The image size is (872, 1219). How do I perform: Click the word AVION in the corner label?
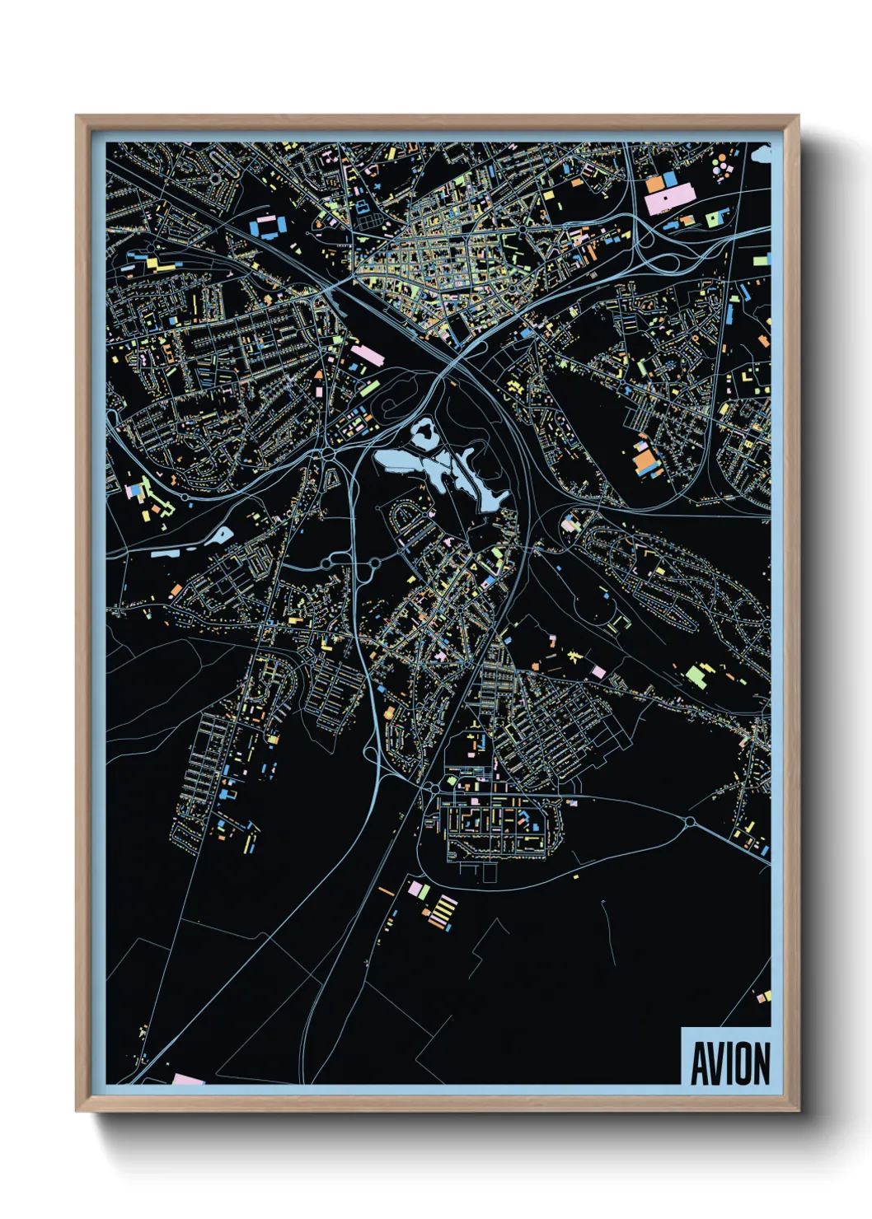tap(729, 1063)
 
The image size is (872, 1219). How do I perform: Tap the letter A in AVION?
tap(698, 1063)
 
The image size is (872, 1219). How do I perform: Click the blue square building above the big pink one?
tap(669, 179)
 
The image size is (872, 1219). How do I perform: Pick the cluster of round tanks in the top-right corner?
tap(723, 165)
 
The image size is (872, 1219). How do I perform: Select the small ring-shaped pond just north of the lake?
tap(424, 431)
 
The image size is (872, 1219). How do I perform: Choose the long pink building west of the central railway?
tap(368, 356)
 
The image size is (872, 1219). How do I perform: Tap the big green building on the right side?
tap(696, 676)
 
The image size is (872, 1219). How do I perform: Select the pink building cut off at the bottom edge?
tap(188, 1079)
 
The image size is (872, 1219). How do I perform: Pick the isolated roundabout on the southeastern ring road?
tap(690, 821)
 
